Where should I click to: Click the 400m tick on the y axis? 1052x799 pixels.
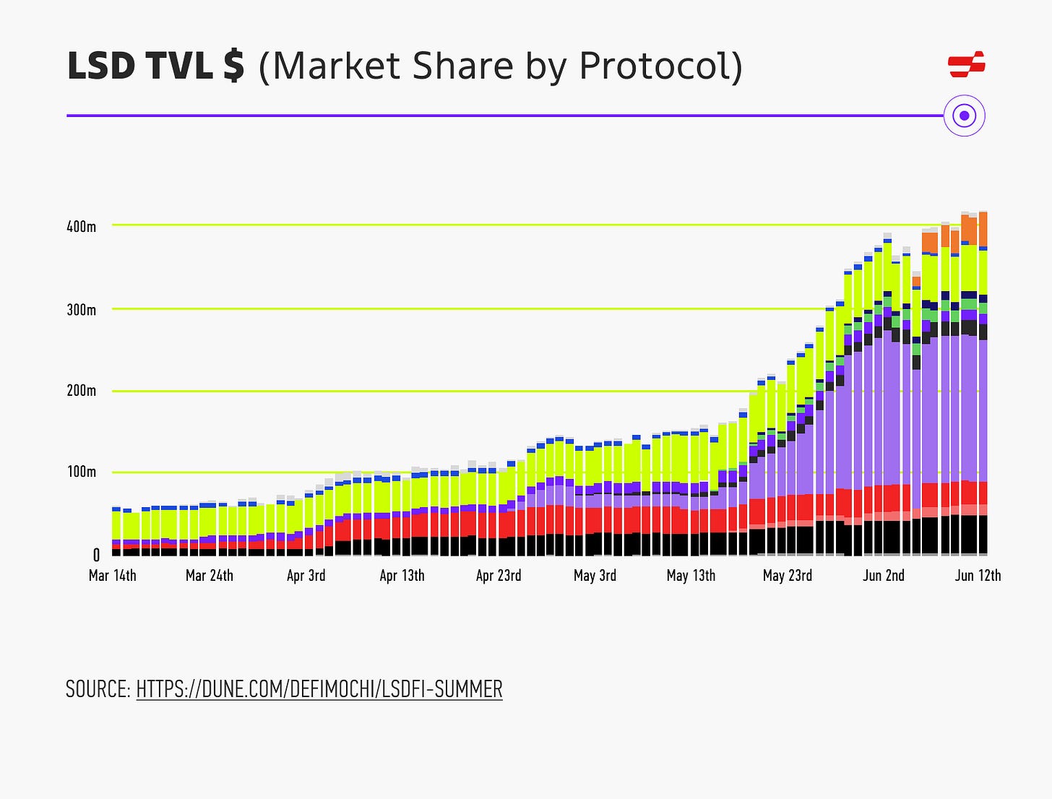pyautogui.click(x=81, y=226)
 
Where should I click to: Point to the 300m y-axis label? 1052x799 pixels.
pyautogui.click(x=81, y=310)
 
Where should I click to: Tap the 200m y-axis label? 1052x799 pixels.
pyautogui.click(x=81, y=391)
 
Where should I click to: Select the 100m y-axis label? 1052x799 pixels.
pyautogui.click(x=81, y=472)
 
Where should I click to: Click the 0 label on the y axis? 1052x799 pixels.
pyautogui.click(x=96, y=555)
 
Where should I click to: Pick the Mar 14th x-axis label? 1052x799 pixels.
pyautogui.click(x=112, y=576)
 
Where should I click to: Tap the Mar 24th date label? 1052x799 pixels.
pyautogui.click(x=210, y=576)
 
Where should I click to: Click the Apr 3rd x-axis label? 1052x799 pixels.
pyautogui.click(x=306, y=576)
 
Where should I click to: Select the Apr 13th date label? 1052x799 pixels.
pyautogui.click(x=402, y=576)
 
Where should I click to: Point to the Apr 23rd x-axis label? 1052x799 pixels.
pyautogui.click(x=499, y=576)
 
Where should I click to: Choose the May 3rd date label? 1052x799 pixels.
pyautogui.click(x=595, y=576)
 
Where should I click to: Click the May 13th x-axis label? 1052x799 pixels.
pyautogui.click(x=691, y=576)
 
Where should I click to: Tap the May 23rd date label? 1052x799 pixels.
pyautogui.click(x=788, y=576)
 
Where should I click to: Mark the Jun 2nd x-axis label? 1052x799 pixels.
pyautogui.click(x=883, y=576)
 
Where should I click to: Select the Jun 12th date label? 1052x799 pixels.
pyautogui.click(x=978, y=576)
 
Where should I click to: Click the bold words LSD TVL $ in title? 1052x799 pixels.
pyautogui.click(x=155, y=66)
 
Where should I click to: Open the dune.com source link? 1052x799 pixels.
pyautogui.click(x=319, y=689)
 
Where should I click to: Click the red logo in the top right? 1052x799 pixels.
pyautogui.click(x=966, y=64)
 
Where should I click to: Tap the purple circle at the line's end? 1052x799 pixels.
pyautogui.click(x=965, y=116)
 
